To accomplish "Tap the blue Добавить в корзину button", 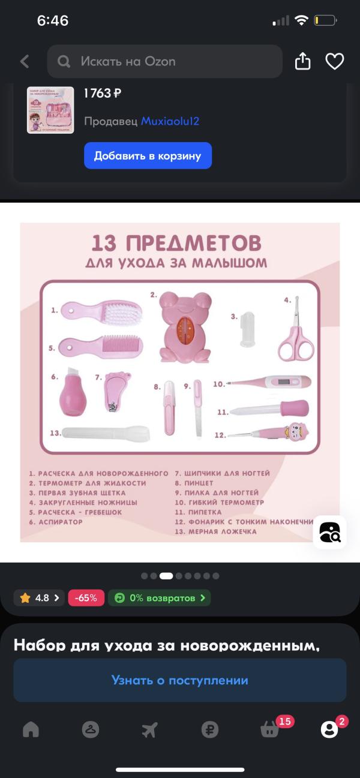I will (x=148, y=156).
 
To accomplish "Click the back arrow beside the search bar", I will (x=25, y=61).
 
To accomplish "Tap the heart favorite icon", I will (x=334, y=61).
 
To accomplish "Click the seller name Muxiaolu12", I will (x=170, y=121).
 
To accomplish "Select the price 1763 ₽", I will (x=102, y=93).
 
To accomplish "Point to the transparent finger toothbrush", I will (x=247, y=329).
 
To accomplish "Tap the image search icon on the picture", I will (x=329, y=531).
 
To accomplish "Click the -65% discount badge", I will (x=86, y=598).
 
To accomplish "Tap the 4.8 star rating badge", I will (x=39, y=598).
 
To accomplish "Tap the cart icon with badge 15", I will (x=270, y=729).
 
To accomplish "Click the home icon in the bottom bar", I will (x=31, y=729).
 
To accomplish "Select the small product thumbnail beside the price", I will (x=50, y=110).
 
